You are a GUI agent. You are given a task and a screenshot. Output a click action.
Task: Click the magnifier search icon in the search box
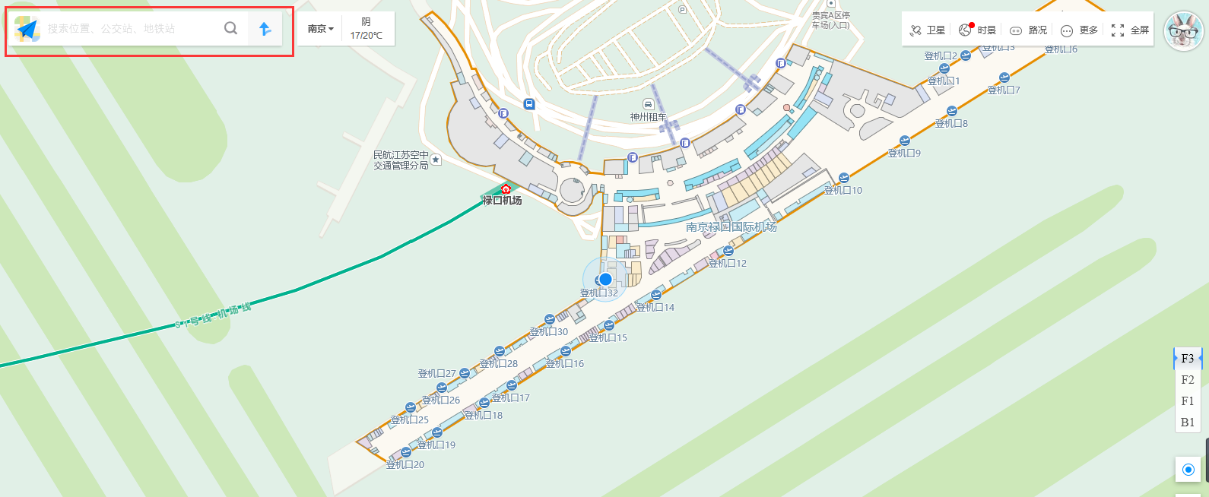pos(230,29)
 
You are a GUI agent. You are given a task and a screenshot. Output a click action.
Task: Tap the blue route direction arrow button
pos(265,29)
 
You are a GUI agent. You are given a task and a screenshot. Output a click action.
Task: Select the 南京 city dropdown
pos(320,29)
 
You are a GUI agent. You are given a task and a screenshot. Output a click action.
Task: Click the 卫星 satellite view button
pos(928,30)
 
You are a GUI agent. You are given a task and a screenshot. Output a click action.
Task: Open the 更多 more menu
pos(1079,30)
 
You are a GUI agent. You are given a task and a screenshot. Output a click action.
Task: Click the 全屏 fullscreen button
pos(1130,30)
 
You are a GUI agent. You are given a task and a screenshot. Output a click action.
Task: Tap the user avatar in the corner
pos(1183,31)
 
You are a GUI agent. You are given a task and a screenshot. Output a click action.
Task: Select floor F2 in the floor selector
pos(1188,380)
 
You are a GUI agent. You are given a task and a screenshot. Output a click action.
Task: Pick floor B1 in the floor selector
pos(1188,423)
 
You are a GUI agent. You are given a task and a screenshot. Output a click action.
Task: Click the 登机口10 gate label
pos(843,190)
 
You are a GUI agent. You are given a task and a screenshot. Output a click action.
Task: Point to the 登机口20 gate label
pos(405,464)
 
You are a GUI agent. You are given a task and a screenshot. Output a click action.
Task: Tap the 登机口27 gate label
pos(437,373)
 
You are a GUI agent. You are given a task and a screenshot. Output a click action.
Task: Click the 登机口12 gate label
pos(728,263)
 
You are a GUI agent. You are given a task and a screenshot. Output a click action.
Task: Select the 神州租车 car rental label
pos(648,117)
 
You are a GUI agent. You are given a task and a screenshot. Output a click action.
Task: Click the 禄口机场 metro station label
pos(502,201)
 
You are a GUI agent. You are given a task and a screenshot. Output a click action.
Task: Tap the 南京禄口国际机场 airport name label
pos(731,227)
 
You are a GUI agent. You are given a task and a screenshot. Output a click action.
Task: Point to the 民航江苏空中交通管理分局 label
pos(401,160)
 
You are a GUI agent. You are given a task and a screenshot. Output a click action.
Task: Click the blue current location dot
pos(605,279)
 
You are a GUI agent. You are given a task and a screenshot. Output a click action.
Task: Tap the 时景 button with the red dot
pos(978,30)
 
